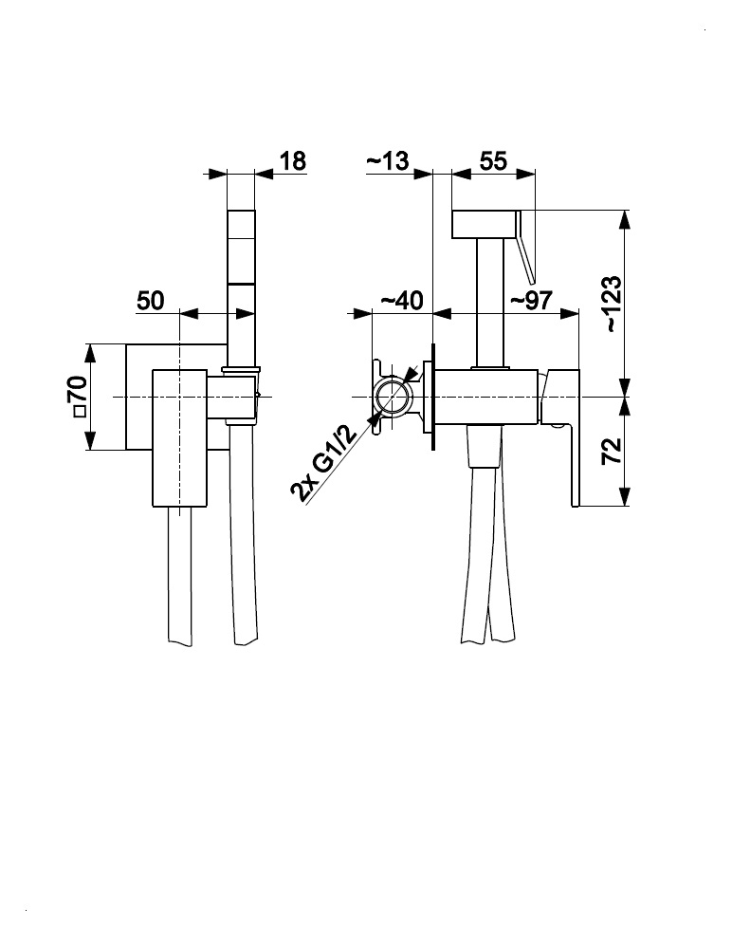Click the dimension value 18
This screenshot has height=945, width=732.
(293, 160)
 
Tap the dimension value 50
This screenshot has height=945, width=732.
(150, 301)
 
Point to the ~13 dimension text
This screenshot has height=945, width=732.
(387, 160)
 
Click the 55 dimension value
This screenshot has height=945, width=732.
(492, 160)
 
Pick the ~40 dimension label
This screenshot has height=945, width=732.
(400, 301)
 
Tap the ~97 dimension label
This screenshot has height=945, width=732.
(531, 301)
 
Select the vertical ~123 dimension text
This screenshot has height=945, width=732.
(612, 304)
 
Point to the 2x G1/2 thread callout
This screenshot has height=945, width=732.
(323, 464)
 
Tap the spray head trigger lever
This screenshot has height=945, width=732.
(526, 249)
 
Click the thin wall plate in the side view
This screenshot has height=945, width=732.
(432, 397)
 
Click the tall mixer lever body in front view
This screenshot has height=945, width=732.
(180, 436)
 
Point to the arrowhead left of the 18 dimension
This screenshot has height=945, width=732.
(217, 174)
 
